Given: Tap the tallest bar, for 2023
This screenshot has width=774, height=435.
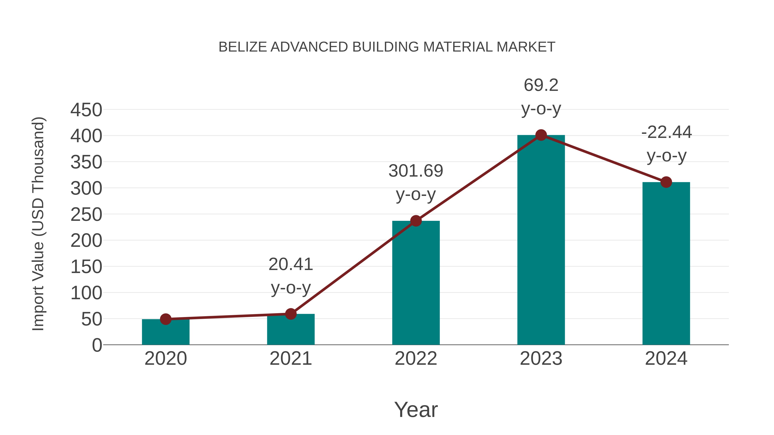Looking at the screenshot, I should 541,240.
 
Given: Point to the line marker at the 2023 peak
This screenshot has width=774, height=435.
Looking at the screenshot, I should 541,135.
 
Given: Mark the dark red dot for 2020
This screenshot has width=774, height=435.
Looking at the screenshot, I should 166,319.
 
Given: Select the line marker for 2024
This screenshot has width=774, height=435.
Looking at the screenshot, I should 666,182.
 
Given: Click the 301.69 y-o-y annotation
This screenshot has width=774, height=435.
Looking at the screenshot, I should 416,171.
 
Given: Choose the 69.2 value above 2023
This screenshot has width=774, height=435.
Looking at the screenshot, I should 541,85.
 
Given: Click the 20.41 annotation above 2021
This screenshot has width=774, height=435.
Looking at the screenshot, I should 290,264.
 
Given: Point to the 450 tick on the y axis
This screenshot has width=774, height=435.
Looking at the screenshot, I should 86,110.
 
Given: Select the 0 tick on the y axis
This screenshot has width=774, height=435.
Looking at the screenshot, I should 97,345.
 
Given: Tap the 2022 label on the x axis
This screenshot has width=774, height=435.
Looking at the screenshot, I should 416,359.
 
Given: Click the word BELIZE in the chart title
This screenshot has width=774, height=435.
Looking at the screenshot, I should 243,47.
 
